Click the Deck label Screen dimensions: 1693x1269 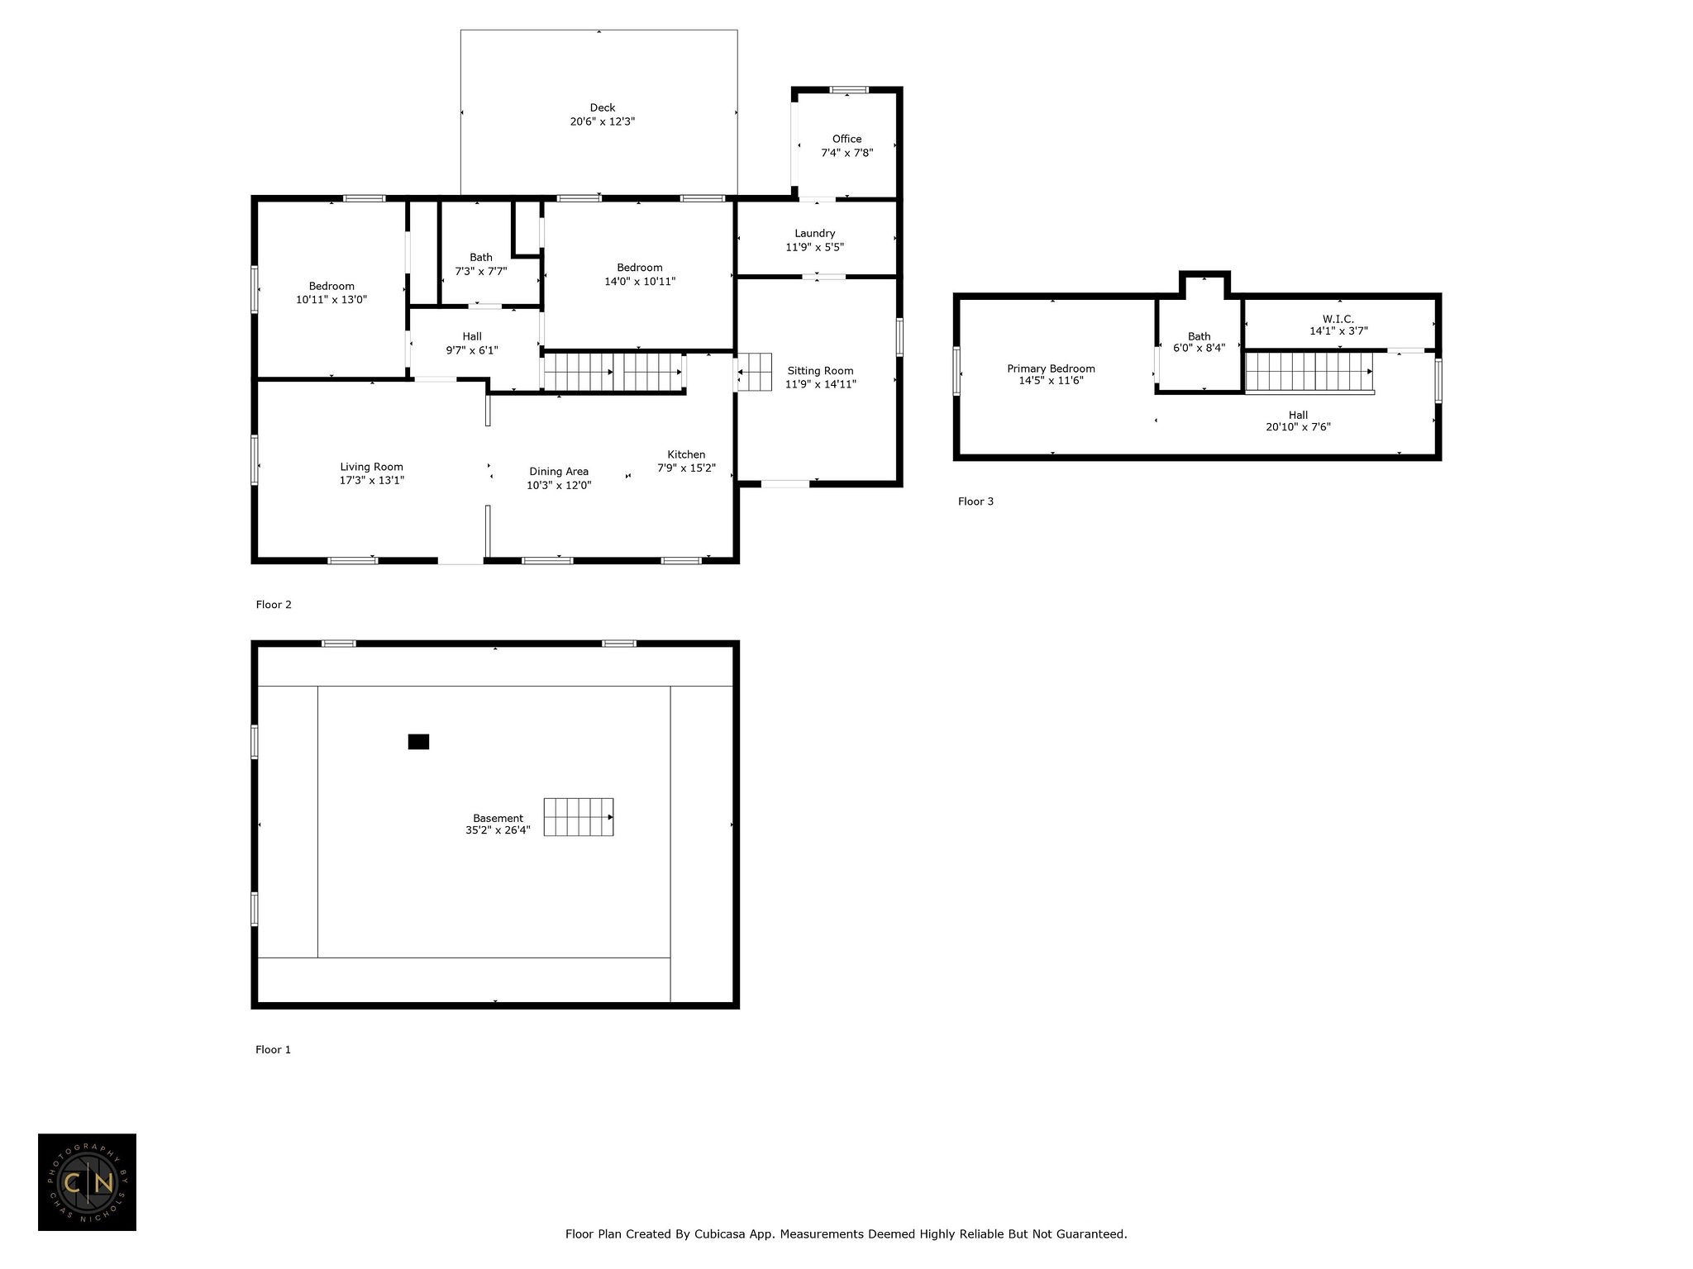[603, 107]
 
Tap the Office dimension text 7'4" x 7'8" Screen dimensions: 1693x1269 [846, 153]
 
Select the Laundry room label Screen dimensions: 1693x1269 [815, 234]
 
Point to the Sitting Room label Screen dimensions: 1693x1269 [820, 371]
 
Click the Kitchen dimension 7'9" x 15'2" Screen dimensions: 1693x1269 [686, 468]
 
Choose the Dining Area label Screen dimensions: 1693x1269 [559, 472]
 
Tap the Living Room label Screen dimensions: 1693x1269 [371, 467]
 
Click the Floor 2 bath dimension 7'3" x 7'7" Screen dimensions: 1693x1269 [481, 271]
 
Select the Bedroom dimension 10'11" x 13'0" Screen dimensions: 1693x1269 [331, 300]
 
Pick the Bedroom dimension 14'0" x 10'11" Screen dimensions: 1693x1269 [640, 281]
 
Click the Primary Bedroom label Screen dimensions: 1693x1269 [1051, 368]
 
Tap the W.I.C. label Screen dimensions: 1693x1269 [1338, 319]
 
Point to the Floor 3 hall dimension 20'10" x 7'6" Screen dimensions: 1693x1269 [1298, 427]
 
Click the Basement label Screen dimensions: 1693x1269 [498, 819]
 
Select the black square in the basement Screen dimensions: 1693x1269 [418, 742]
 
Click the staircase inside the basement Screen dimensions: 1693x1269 [579, 817]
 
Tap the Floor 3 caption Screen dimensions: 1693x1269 [975, 501]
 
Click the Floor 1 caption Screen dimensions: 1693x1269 [273, 1050]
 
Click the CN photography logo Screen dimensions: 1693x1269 [87, 1182]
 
